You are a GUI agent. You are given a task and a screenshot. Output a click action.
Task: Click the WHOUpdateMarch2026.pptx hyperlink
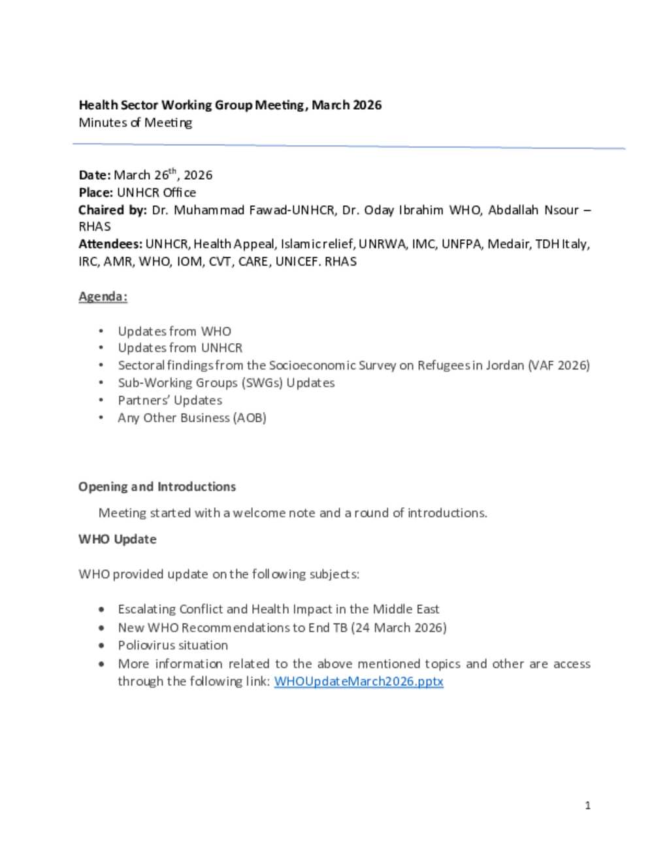click(359, 681)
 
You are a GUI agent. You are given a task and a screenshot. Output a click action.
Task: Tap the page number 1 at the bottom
click(587, 805)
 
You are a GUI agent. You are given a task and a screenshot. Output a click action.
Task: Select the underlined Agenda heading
click(103, 296)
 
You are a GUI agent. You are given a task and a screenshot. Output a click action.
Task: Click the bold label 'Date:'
click(95, 175)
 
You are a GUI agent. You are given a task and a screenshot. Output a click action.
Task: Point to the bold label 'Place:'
click(96, 192)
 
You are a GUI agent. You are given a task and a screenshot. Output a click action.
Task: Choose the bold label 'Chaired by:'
click(112, 210)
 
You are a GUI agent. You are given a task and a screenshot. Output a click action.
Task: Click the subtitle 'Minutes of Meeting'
click(135, 122)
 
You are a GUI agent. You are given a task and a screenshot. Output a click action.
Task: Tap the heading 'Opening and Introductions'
click(157, 486)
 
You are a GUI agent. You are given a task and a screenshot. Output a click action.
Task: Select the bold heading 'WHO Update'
click(118, 539)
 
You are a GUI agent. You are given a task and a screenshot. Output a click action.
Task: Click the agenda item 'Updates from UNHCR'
click(180, 348)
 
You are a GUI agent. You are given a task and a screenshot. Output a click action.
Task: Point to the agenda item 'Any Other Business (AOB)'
click(191, 418)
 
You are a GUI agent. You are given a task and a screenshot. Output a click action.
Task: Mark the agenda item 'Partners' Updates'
click(170, 400)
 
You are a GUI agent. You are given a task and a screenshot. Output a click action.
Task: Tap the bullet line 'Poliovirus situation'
click(172, 645)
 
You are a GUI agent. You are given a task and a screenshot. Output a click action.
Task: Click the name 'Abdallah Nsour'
click(533, 210)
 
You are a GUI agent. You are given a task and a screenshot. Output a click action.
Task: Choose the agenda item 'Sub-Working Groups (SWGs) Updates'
click(226, 382)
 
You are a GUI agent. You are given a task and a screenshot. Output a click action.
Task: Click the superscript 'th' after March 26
click(172, 171)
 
